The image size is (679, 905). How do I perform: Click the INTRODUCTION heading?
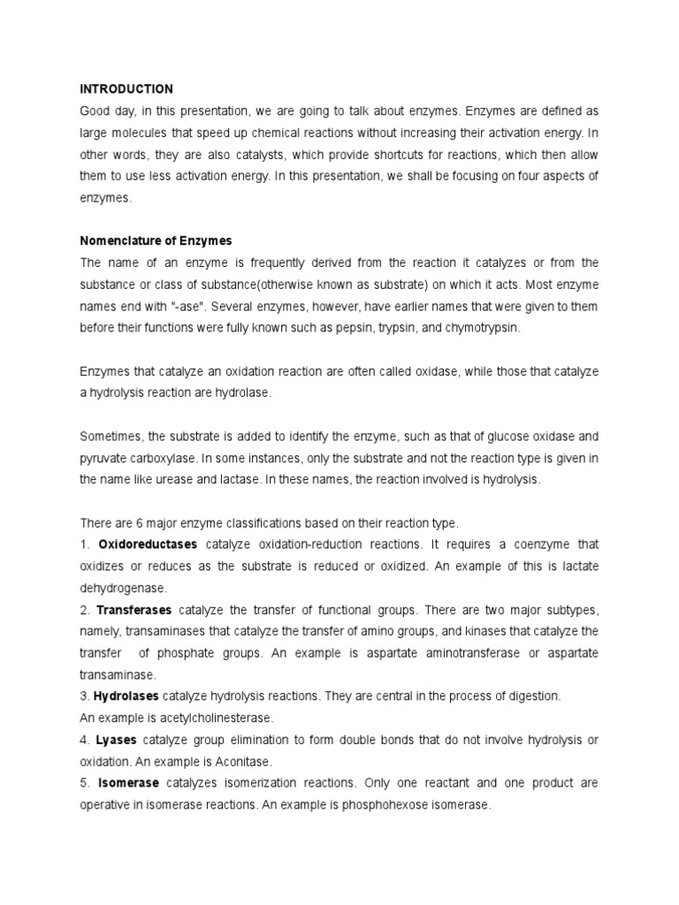point(126,89)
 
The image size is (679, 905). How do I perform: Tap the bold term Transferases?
point(134,610)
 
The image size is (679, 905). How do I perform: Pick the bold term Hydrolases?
point(126,696)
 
